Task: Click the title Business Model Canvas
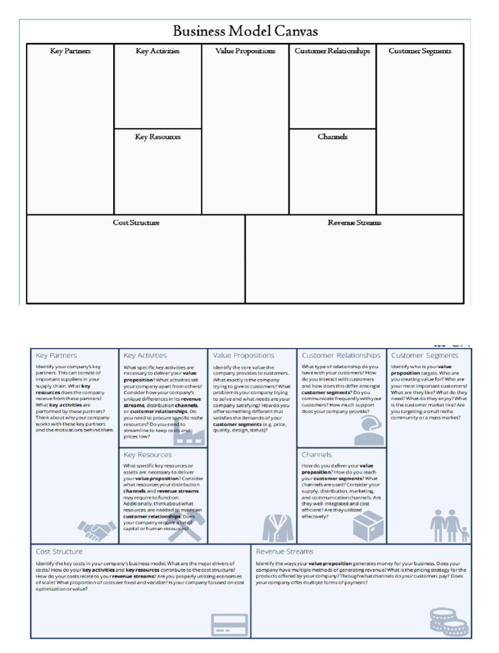(245, 31)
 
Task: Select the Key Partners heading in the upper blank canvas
(70, 51)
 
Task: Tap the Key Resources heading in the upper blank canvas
(158, 137)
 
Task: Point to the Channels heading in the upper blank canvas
(332, 137)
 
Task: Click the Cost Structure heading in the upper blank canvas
(136, 223)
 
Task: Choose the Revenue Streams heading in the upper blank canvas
(354, 223)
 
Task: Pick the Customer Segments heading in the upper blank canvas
(420, 51)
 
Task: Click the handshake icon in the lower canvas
(97, 530)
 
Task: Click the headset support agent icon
(368, 430)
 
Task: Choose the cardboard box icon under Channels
(368, 524)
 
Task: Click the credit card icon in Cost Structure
(229, 624)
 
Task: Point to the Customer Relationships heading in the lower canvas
(341, 356)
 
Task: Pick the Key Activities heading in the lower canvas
(145, 356)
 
